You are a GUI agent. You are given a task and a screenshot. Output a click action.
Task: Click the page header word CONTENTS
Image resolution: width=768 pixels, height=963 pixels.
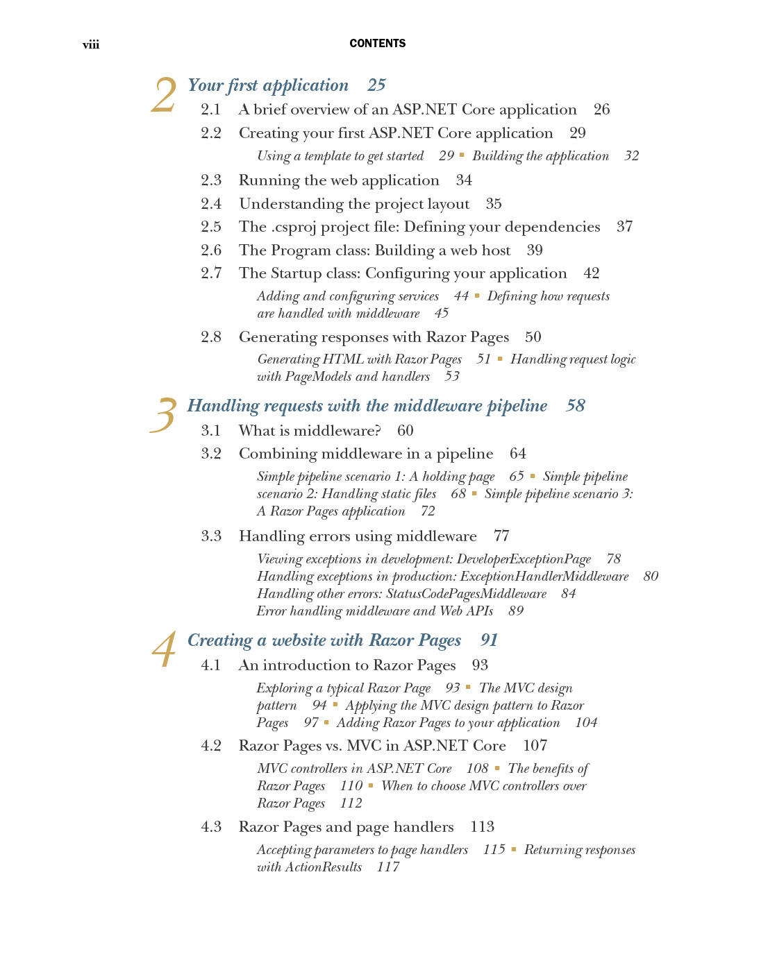[377, 43]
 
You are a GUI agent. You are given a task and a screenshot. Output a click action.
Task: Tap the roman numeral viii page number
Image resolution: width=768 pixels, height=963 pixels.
[91, 45]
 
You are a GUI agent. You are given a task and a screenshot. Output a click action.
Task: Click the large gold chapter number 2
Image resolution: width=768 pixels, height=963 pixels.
[164, 95]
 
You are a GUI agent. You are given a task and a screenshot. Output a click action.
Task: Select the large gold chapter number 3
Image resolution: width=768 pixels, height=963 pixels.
[164, 415]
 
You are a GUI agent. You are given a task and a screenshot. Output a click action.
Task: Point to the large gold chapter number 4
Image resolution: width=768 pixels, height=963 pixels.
[164, 650]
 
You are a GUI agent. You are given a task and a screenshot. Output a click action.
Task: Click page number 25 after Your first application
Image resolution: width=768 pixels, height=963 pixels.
[376, 85]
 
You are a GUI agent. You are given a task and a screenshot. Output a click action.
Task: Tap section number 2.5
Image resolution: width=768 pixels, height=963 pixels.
[211, 227]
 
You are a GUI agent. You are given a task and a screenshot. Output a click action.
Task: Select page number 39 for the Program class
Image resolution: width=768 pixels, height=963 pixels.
[535, 250]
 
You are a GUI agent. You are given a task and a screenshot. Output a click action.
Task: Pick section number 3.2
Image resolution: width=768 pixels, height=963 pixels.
[211, 454]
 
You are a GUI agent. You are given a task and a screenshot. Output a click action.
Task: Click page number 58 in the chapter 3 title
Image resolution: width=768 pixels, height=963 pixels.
[576, 406]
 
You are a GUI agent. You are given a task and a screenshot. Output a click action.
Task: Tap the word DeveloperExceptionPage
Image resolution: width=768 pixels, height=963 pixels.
[524, 559]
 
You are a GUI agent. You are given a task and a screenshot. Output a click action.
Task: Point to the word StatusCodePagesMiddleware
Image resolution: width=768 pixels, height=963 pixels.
[466, 594]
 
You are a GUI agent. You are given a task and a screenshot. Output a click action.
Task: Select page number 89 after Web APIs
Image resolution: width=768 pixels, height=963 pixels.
[516, 611]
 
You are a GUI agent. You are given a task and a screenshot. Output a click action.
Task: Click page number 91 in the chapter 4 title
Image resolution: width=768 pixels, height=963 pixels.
[490, 640]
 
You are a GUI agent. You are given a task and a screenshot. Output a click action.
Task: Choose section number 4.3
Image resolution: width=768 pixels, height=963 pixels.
[211, 827]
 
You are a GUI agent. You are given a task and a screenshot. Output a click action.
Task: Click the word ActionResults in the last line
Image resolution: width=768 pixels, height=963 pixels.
[324, 867]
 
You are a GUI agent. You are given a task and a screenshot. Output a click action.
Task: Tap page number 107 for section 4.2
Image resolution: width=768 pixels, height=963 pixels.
[535, 746]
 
